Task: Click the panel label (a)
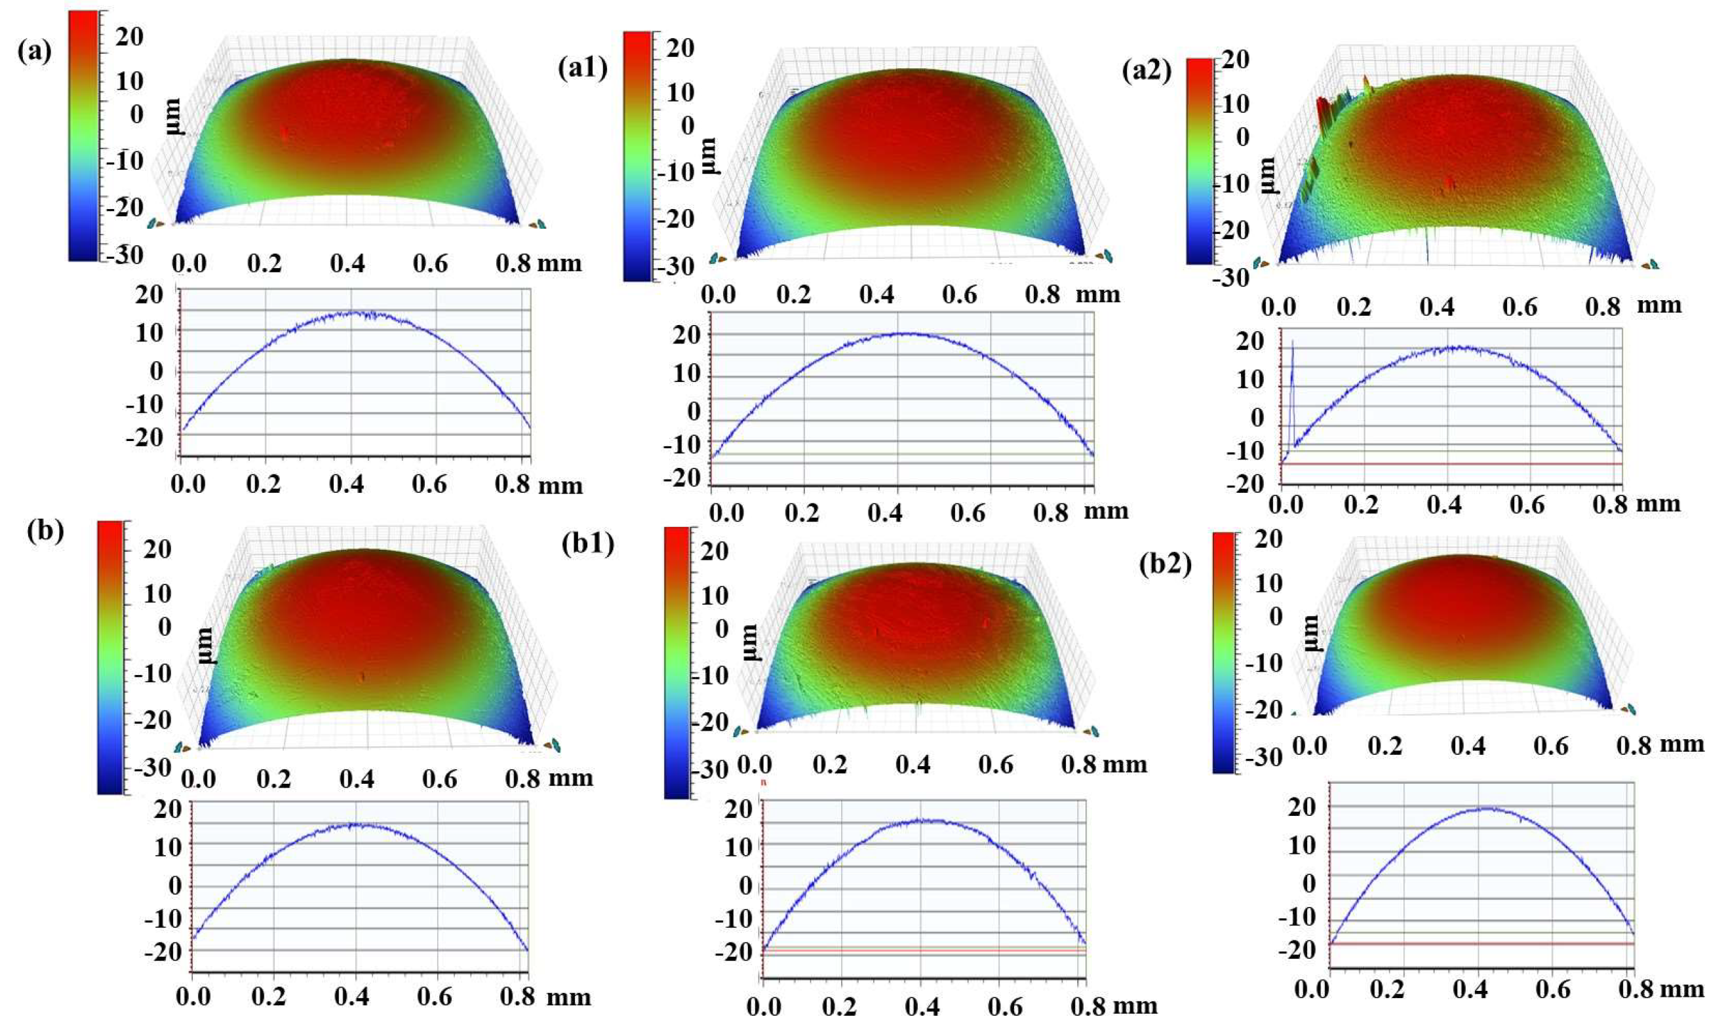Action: point(33,52)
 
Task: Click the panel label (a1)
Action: point(582,69)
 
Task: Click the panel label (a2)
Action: point(1146,71)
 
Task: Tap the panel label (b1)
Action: point(587,543)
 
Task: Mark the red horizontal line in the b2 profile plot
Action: point(1480,963)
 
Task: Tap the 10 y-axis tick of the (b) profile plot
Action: point(168,847)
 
